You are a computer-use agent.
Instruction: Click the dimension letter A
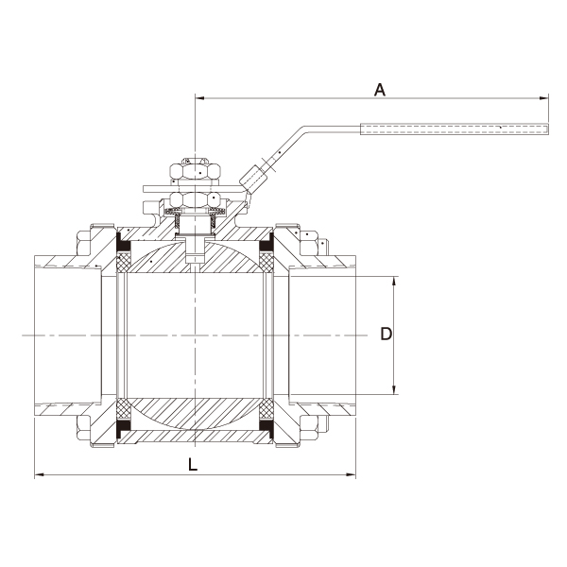380,90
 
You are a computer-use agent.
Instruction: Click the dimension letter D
386,334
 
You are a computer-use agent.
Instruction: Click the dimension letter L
193,464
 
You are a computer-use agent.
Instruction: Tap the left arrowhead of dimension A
200,97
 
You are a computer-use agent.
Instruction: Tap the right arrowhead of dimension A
544,97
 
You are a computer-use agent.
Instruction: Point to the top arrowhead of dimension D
394,282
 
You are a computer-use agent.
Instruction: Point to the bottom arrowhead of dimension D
394,389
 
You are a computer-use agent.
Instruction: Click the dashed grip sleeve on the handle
455,129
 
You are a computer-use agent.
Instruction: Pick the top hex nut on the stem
196,171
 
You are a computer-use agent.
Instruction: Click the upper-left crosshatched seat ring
124,262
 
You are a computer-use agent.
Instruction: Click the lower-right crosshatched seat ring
266,409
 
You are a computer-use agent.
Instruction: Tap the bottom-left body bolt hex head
83,428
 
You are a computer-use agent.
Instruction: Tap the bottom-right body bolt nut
309,428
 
